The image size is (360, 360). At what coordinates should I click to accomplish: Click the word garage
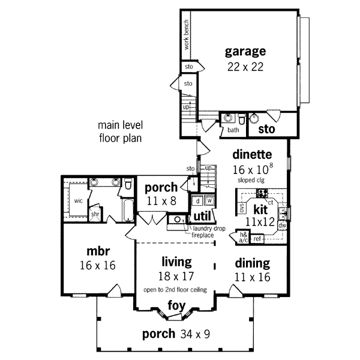tap(245, 50)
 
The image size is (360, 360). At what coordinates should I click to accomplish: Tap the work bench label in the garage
tap(186, 35)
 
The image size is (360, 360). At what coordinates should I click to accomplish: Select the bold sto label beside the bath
tap(266, 128)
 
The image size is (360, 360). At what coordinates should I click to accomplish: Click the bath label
tap(233, 129)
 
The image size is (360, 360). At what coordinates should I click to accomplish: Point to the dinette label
tap(252, 154)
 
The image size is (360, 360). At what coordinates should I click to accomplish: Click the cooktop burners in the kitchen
tap(262, 193)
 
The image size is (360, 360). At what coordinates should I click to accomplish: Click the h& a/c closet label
tap(244, 237)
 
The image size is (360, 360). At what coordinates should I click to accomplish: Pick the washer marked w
tap(210, 201)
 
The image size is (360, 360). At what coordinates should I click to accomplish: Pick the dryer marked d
tap(197, 201)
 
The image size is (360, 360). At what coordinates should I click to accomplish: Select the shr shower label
tap(95, 213)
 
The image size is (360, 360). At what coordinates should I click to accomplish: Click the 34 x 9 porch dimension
tap(198, 334)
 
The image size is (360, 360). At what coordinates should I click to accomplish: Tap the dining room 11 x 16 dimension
tap(252, 277)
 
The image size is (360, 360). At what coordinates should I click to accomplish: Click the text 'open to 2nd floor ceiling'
tap(175, 290)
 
